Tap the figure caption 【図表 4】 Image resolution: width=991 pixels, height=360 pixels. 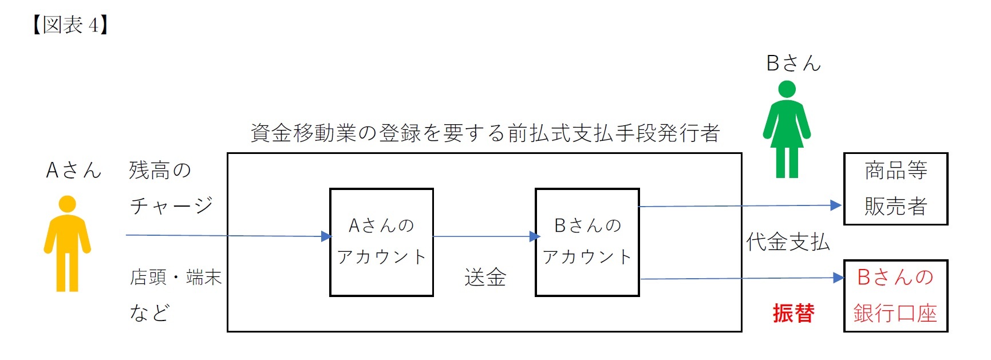pos(70,25)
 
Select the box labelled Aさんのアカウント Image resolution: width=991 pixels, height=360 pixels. pos(381,242)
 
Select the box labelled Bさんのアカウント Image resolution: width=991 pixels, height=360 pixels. pos(587,242)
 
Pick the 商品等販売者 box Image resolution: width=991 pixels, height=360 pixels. pos(895,188)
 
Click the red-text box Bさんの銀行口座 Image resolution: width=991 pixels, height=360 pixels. pos(895,295)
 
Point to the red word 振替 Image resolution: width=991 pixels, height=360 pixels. pos(793,313)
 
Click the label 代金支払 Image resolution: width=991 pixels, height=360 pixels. pos(788,242)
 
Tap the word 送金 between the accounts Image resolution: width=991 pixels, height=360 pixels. pos(485,278)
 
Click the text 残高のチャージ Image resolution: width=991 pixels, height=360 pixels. pos(171,187)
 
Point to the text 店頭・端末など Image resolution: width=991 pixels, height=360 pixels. pos(175,294)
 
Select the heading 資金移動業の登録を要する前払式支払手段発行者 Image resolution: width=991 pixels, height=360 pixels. pos(485,133)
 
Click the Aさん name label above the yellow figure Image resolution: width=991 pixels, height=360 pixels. pos(73,170)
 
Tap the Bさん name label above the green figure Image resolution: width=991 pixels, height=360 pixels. pos(793,63)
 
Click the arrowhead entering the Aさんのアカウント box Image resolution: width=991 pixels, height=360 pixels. pos(326,236)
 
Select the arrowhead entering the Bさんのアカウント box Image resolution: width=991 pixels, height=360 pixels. pos(535,236)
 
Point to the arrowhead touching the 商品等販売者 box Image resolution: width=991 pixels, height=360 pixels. pos(836,205)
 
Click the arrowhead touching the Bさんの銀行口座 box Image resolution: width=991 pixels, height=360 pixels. pos(839,278)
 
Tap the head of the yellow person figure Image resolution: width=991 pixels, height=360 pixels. pos(68,204)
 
